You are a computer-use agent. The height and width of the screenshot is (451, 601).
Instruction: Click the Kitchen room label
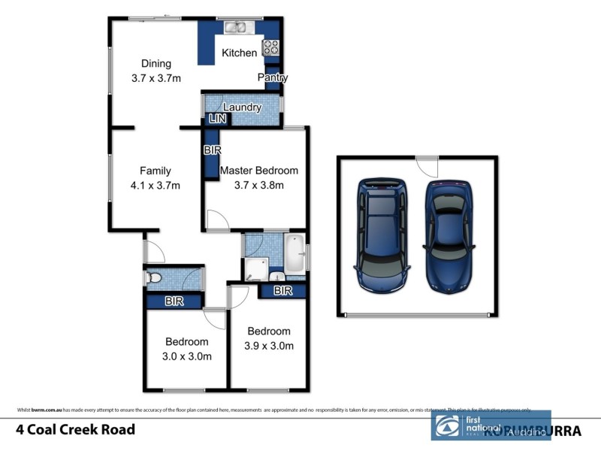(239, 53)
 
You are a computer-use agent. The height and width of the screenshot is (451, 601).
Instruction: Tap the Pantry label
(272, 77)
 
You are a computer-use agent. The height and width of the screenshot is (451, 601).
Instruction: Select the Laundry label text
(242, 107)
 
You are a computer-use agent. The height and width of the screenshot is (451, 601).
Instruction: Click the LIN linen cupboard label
(217, 120)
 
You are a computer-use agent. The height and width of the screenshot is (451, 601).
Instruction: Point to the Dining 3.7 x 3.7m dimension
(156, 77)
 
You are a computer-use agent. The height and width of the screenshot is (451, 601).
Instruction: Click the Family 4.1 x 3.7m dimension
(156, 184)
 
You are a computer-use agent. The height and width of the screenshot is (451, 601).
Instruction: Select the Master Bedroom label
(258, 171)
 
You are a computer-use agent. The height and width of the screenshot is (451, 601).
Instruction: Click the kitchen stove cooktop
(270, 48)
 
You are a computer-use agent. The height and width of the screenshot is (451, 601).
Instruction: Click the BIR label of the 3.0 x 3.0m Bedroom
(174, 302)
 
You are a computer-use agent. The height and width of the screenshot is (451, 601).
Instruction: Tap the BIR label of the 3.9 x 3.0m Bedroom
(282, 290)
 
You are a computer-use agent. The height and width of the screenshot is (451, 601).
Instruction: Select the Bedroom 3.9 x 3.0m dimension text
(269, 346)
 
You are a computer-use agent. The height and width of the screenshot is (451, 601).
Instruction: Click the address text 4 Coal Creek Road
(76, 430)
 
